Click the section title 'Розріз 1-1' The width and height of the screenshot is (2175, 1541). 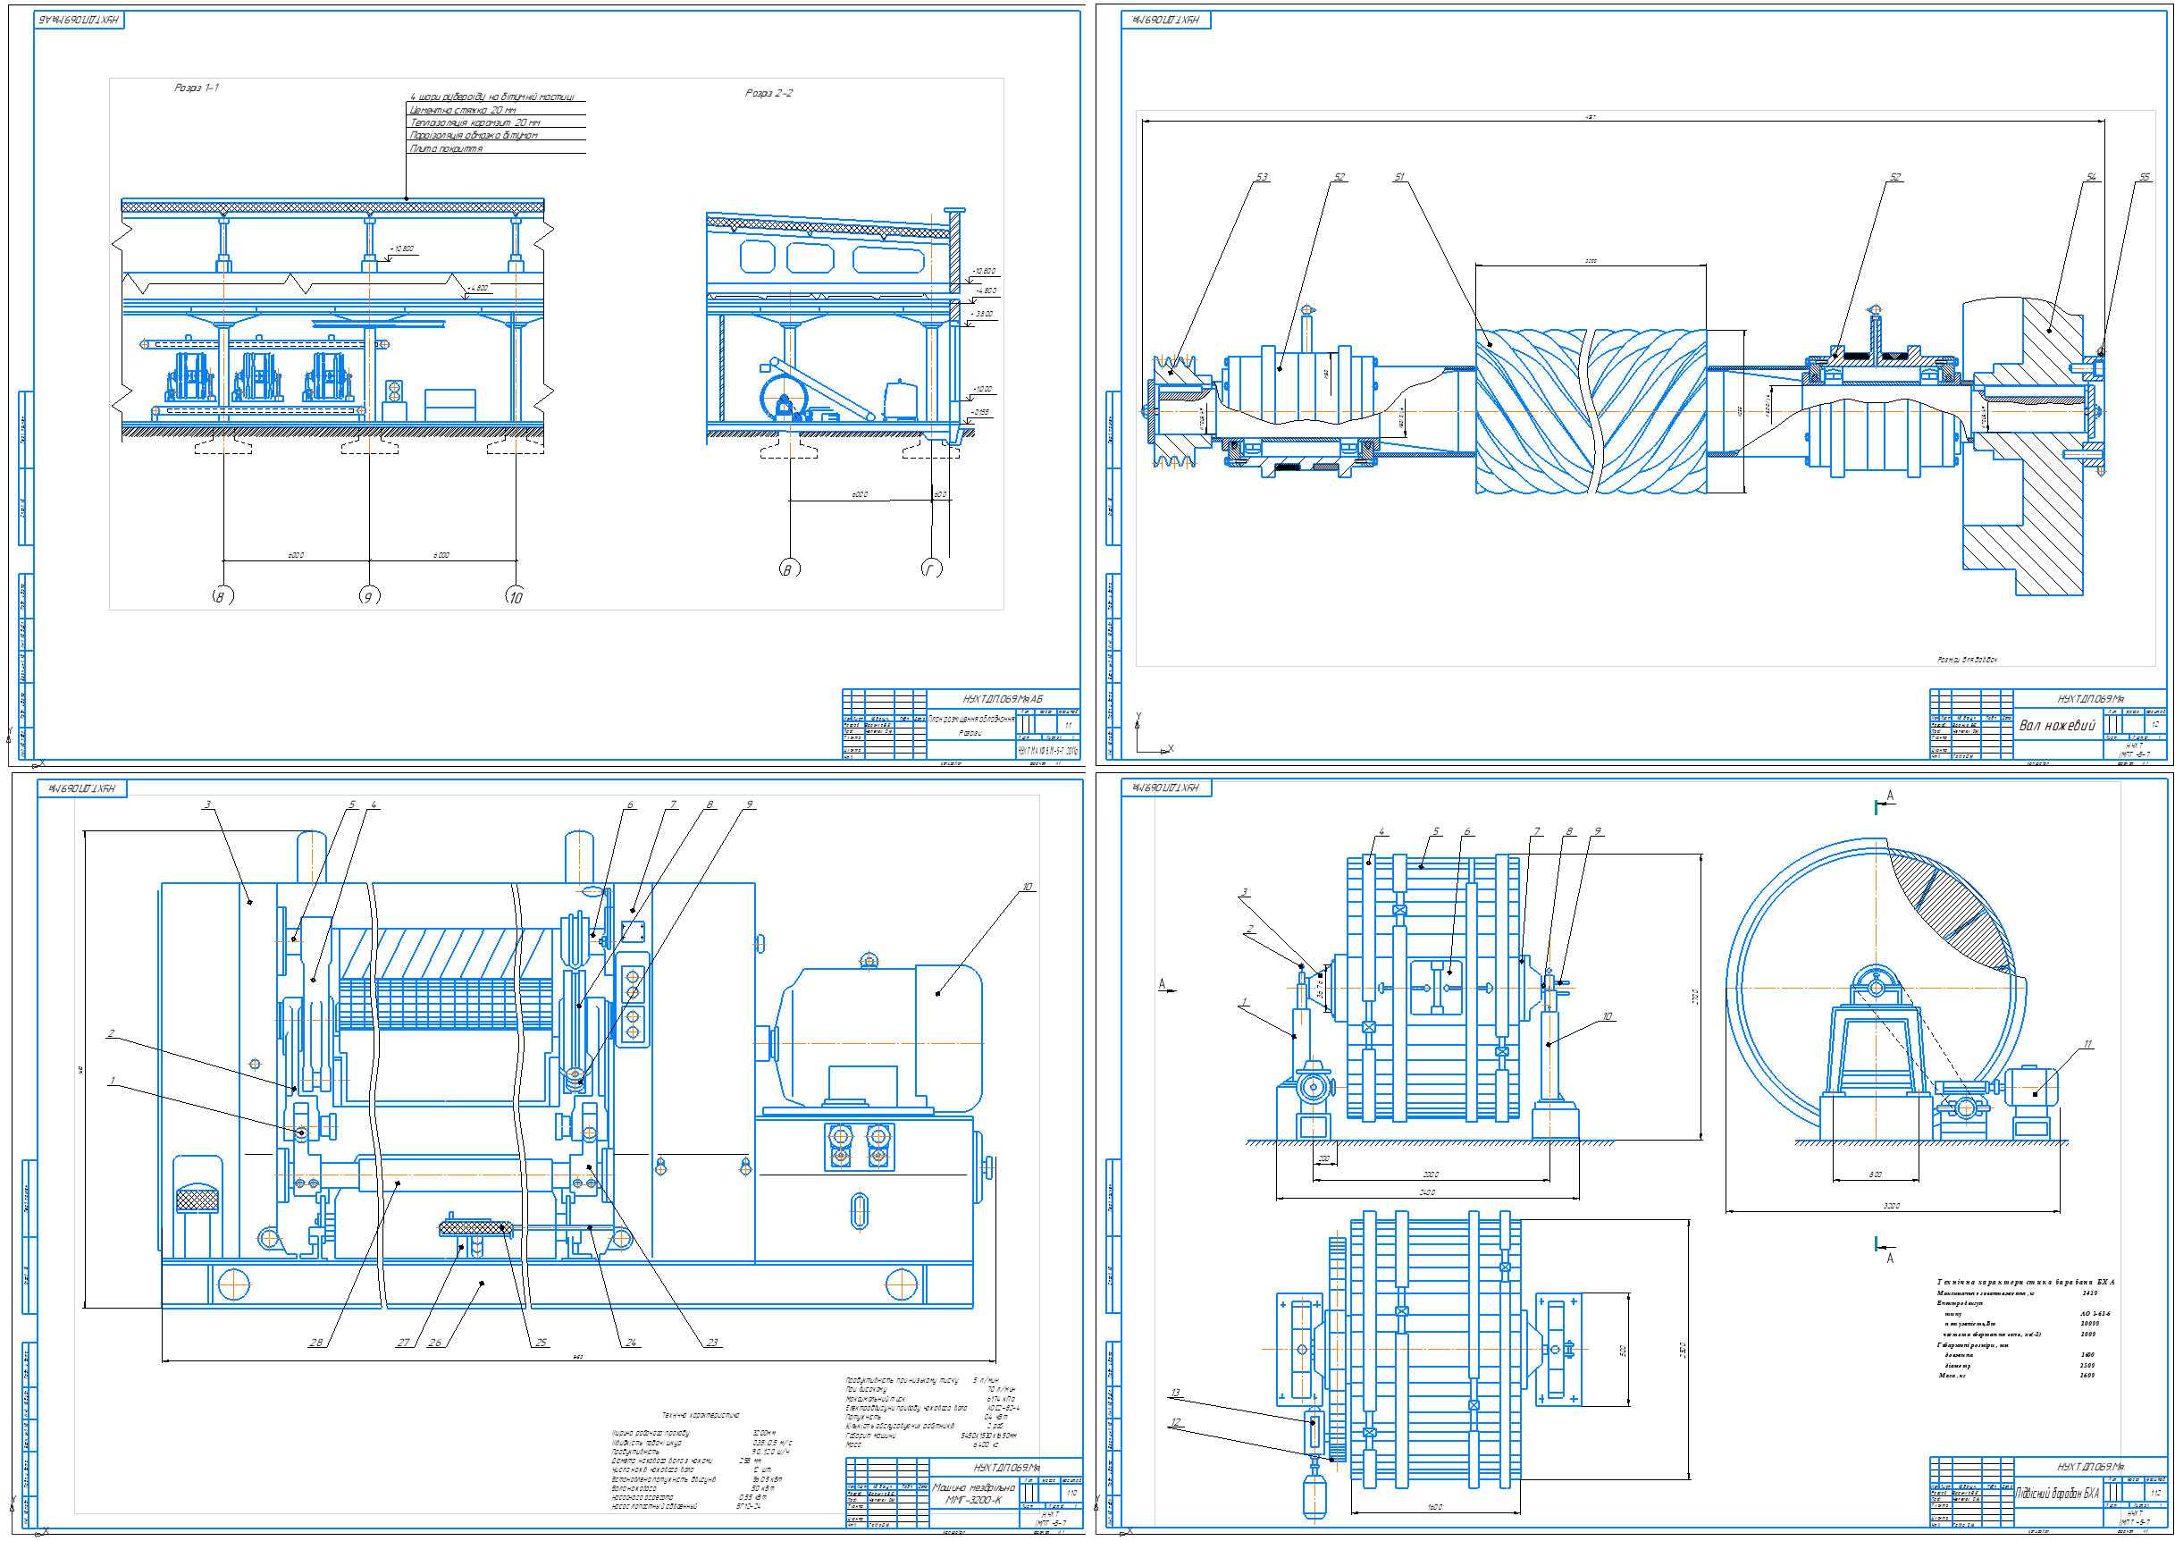(197, 88)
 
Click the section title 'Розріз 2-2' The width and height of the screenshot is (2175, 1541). (768, 93)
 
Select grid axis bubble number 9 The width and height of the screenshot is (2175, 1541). (369, 597)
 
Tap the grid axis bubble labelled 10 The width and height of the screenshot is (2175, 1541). (515, 597)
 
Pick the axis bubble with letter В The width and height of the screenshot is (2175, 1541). (787, 569)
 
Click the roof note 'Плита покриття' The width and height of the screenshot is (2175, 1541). (446, 148)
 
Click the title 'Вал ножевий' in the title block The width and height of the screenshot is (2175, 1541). (2055, 725)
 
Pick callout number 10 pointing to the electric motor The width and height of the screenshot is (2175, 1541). (1027, 888)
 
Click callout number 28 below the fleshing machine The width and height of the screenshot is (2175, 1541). (315, 1342)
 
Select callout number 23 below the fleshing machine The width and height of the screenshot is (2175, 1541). (712, 1342)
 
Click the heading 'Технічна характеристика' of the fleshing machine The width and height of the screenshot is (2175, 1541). (700, 1415)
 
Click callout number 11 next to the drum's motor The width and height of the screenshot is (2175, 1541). (2087, 1045)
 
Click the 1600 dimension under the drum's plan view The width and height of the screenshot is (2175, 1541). (1434, 1507)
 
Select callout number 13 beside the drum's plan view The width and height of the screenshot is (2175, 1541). (1176, 1394)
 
